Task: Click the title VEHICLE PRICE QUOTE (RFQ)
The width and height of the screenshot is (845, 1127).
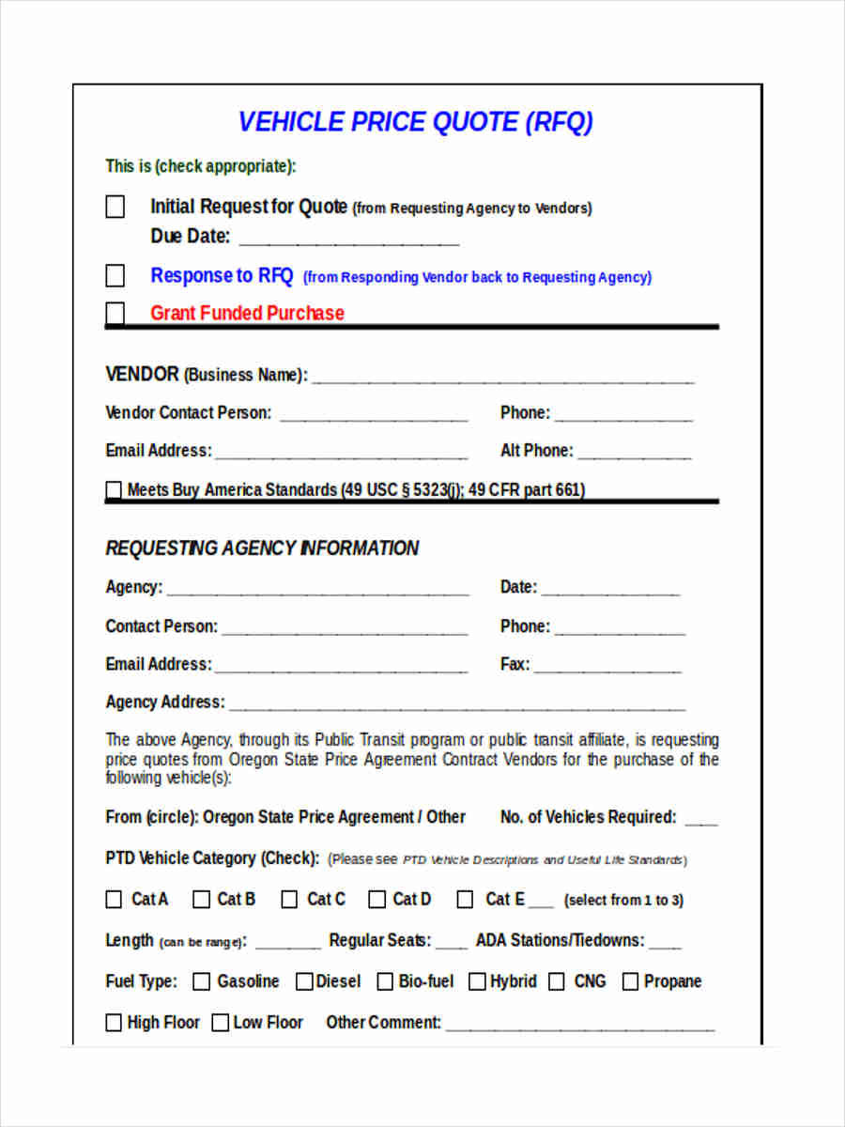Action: [x=416, y=122]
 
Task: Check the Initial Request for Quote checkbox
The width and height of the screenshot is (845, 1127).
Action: [x=115, y=207]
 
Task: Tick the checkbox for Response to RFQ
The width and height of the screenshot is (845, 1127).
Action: [x=115, y=275]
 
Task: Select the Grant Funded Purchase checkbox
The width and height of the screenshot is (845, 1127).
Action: [x=115, y=313]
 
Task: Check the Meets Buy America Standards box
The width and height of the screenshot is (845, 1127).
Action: [x=114, y=489]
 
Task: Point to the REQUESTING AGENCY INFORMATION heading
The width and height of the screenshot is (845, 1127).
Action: [x=262, y=548]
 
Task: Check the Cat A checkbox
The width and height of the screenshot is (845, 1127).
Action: [x=114, y=900]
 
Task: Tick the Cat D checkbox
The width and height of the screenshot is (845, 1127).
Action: [x=376, y=900]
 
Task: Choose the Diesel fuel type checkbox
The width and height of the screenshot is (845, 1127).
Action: [x=304, y=981]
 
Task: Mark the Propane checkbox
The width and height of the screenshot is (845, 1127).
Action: [x=630, y=981]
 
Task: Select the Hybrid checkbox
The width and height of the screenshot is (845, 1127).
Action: [x=477, y=981]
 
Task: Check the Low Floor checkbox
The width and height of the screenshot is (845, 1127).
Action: [x=220, y=1023]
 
